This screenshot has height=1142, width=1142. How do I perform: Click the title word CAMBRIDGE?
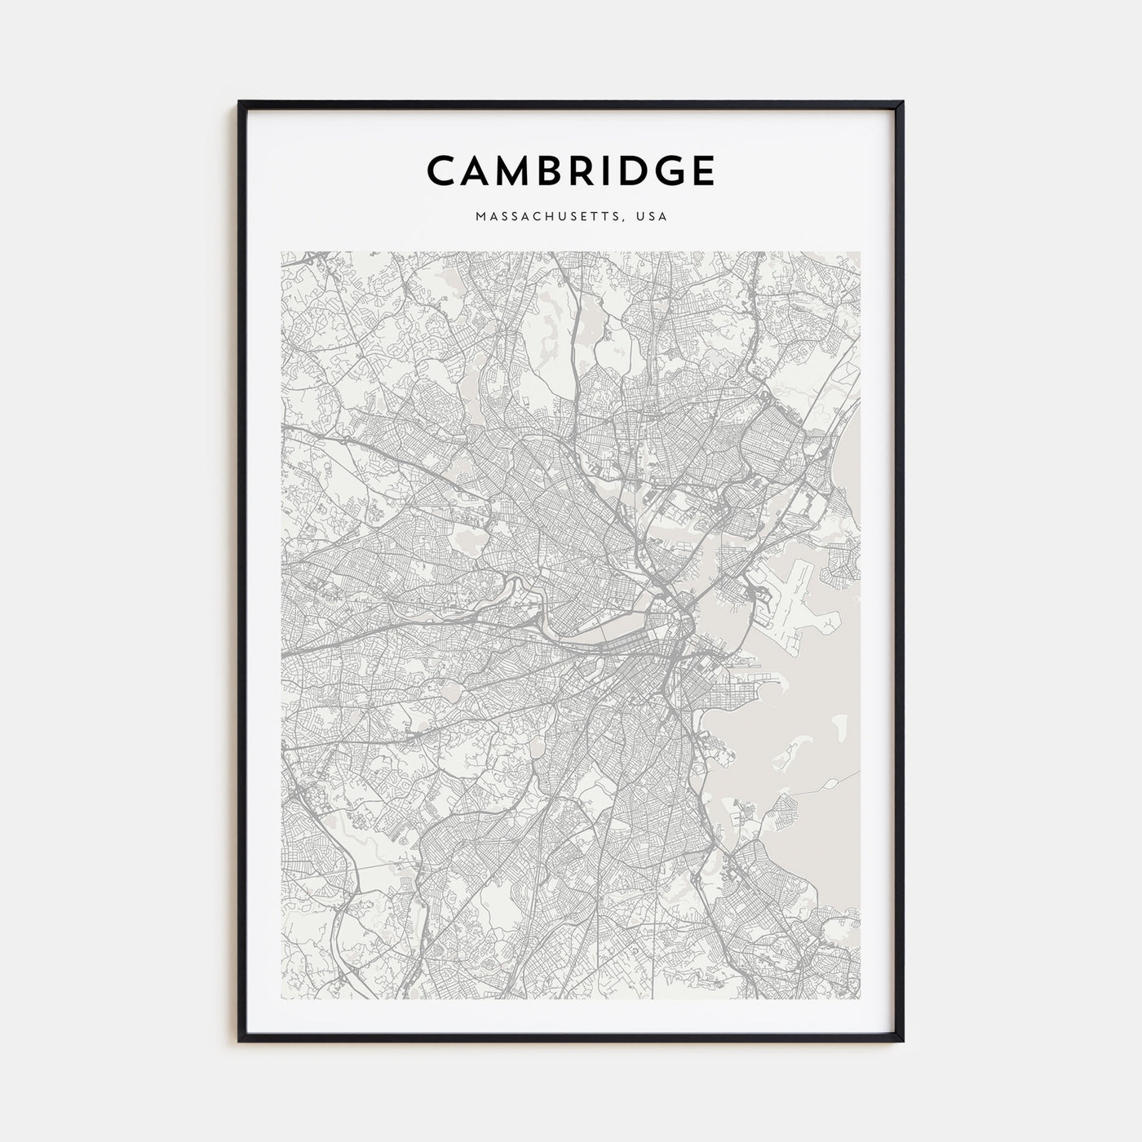[571, 170]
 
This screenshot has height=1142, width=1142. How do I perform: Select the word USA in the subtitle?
[653, 217]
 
